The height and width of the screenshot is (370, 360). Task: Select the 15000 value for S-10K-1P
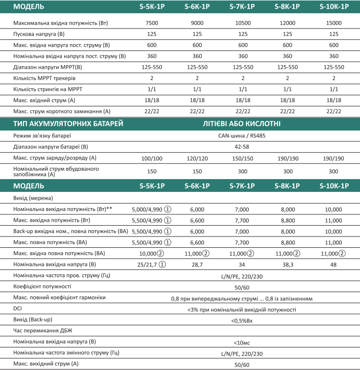point(334,24)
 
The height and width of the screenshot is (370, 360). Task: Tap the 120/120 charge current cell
point(197,158)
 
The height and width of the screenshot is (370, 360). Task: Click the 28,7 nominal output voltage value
point(197,264)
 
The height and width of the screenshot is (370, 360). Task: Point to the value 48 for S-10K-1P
point(334,264)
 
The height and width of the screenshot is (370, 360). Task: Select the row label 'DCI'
point(18,309)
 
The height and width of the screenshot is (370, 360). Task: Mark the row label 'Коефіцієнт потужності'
point(42,286)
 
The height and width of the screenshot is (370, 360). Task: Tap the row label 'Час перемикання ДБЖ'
point(44,331)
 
